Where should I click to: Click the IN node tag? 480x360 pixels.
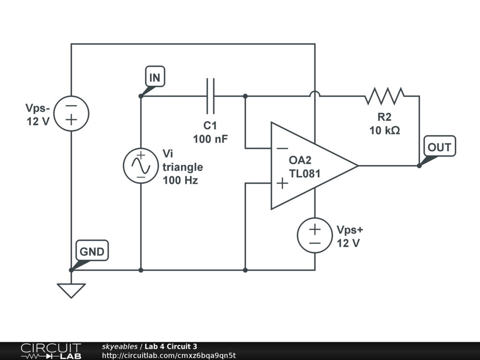[x=155, y=78]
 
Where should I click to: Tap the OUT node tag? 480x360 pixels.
[x=439, y=147]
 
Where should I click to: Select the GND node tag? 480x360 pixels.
[x=92, y=252]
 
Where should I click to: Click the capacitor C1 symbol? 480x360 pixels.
[x=210, y=96]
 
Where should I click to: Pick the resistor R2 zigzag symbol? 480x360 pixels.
[x=384, y=96]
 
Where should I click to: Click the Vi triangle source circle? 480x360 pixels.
[x=141, y=166]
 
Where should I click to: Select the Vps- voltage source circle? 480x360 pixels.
[x=71, y=113]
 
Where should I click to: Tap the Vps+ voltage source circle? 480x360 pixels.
[x=315, y=236]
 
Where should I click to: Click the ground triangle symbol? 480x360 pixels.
[x=71, y=291]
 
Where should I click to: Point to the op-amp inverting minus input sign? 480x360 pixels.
[x=282, y=148]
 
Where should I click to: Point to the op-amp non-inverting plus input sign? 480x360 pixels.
[x=282, y=183]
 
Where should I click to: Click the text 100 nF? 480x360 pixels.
[x=210, y=139]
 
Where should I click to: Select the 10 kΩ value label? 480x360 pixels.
[x=384, y=131]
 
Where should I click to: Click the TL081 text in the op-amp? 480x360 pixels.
[x=305, y=173]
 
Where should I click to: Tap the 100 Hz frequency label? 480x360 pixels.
[x=180, y=180]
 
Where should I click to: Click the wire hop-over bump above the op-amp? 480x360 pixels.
[x=315, y=94]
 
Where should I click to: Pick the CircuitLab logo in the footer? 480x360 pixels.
[x=50, y=351]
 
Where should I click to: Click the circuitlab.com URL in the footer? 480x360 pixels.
[x=169, y=355]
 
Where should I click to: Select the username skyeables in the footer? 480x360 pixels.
[x=120, y=346]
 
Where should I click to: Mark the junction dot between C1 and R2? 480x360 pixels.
[x=245, y=96]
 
